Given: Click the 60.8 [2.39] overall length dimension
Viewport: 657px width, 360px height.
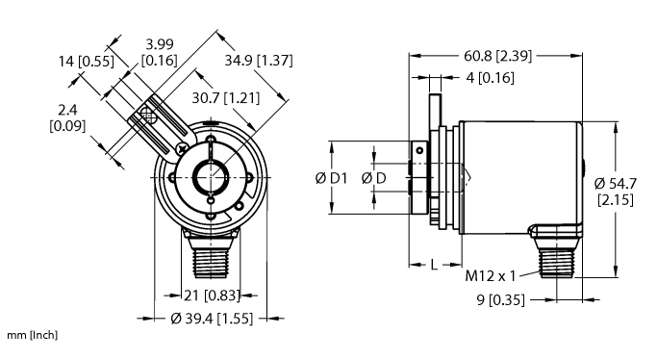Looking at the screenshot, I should pyautogui.click(x=497, y=55).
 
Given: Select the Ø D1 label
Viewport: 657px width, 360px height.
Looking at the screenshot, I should pyautogui.click(x=330, y=179).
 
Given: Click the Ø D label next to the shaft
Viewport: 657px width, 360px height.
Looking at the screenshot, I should pyautogui.click(x=374, y=179).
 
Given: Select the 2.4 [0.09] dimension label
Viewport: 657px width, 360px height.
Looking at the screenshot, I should pyautogui.click(x=67, y=117).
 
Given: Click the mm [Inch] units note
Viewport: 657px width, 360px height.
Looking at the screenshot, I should pyautogui.click(x=34, y=335).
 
